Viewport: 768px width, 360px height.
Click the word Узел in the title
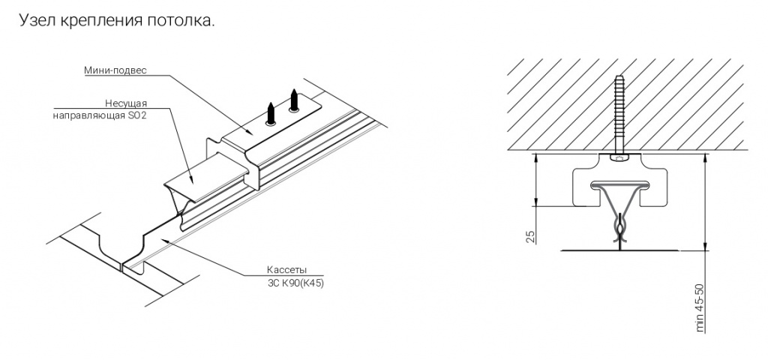[x=35, y=20]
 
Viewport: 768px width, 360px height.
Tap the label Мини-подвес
[x=115, y=70]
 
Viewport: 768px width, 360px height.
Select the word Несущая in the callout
[x=126, y=103]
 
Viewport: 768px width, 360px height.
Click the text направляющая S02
[x=100, y=116]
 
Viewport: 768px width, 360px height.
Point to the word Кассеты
[x=286, y=270]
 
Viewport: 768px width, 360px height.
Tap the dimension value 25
[x=530, y=236]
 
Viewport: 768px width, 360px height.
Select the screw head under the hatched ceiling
[x=619, y=157]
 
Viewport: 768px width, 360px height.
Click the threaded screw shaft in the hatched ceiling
[x=619, y=114]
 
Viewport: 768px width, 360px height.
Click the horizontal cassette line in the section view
[x=620, y=250]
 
